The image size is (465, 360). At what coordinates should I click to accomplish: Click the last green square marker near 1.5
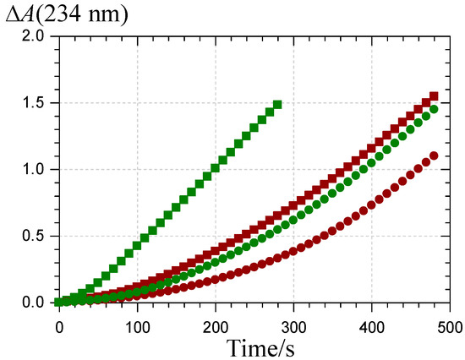(277, 105)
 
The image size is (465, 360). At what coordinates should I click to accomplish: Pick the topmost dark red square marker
(434, 96)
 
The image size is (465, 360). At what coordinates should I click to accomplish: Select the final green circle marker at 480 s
(434, 109)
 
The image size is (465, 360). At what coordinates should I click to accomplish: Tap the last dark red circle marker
(434, 155)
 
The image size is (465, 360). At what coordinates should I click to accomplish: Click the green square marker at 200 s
(216, 167)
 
